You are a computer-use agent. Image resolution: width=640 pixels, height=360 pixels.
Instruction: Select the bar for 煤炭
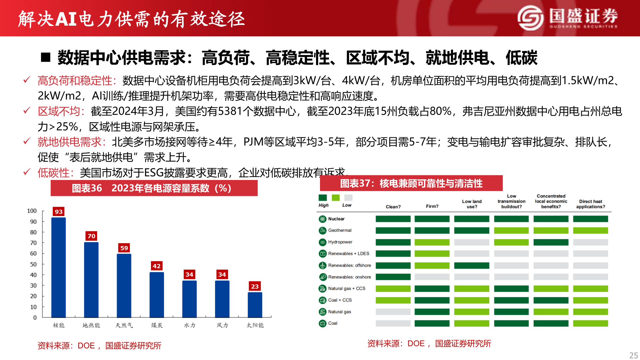[x=157, y=295]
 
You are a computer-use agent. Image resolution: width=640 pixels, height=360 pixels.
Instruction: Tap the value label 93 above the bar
[x=59, y=212]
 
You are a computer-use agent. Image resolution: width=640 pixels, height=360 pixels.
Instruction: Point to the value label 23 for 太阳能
[x=255, y=286]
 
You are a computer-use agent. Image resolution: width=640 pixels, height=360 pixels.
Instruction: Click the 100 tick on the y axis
[x=32, y=211]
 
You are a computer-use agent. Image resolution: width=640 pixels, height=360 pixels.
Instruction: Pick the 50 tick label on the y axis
[x=33, y=264]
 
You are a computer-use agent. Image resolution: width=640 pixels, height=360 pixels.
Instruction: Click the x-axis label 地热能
[x=91, y=325]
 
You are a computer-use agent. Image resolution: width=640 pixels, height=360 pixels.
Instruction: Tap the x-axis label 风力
[x=222, y=325]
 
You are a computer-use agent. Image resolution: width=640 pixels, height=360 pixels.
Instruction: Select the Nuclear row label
[x=336, y=219]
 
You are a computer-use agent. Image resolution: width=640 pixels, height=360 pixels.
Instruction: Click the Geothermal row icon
[x=322, y=230]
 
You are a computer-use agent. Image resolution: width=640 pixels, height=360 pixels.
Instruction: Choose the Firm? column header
[x=432, y=206]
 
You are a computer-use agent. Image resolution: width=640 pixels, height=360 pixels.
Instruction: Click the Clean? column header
[x=393, y=207]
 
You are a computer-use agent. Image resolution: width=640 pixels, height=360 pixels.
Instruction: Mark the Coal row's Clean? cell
[x=393, y=323]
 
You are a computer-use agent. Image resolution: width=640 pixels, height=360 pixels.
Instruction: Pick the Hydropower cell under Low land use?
[x=472, y=242]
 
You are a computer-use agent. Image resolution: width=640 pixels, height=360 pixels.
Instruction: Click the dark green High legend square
[x=323, y=198]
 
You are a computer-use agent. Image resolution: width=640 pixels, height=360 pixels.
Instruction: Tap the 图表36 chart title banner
[x=154, y=188]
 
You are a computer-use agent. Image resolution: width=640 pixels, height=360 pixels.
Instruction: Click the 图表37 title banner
[x=411, y=183]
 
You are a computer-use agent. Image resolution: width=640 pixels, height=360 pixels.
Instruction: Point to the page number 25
[x=633, y=355]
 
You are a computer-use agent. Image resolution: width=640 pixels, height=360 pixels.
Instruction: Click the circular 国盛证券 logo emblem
[x=530, y=18]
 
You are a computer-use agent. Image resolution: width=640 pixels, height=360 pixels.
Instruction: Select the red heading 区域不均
[x=59, y=111]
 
